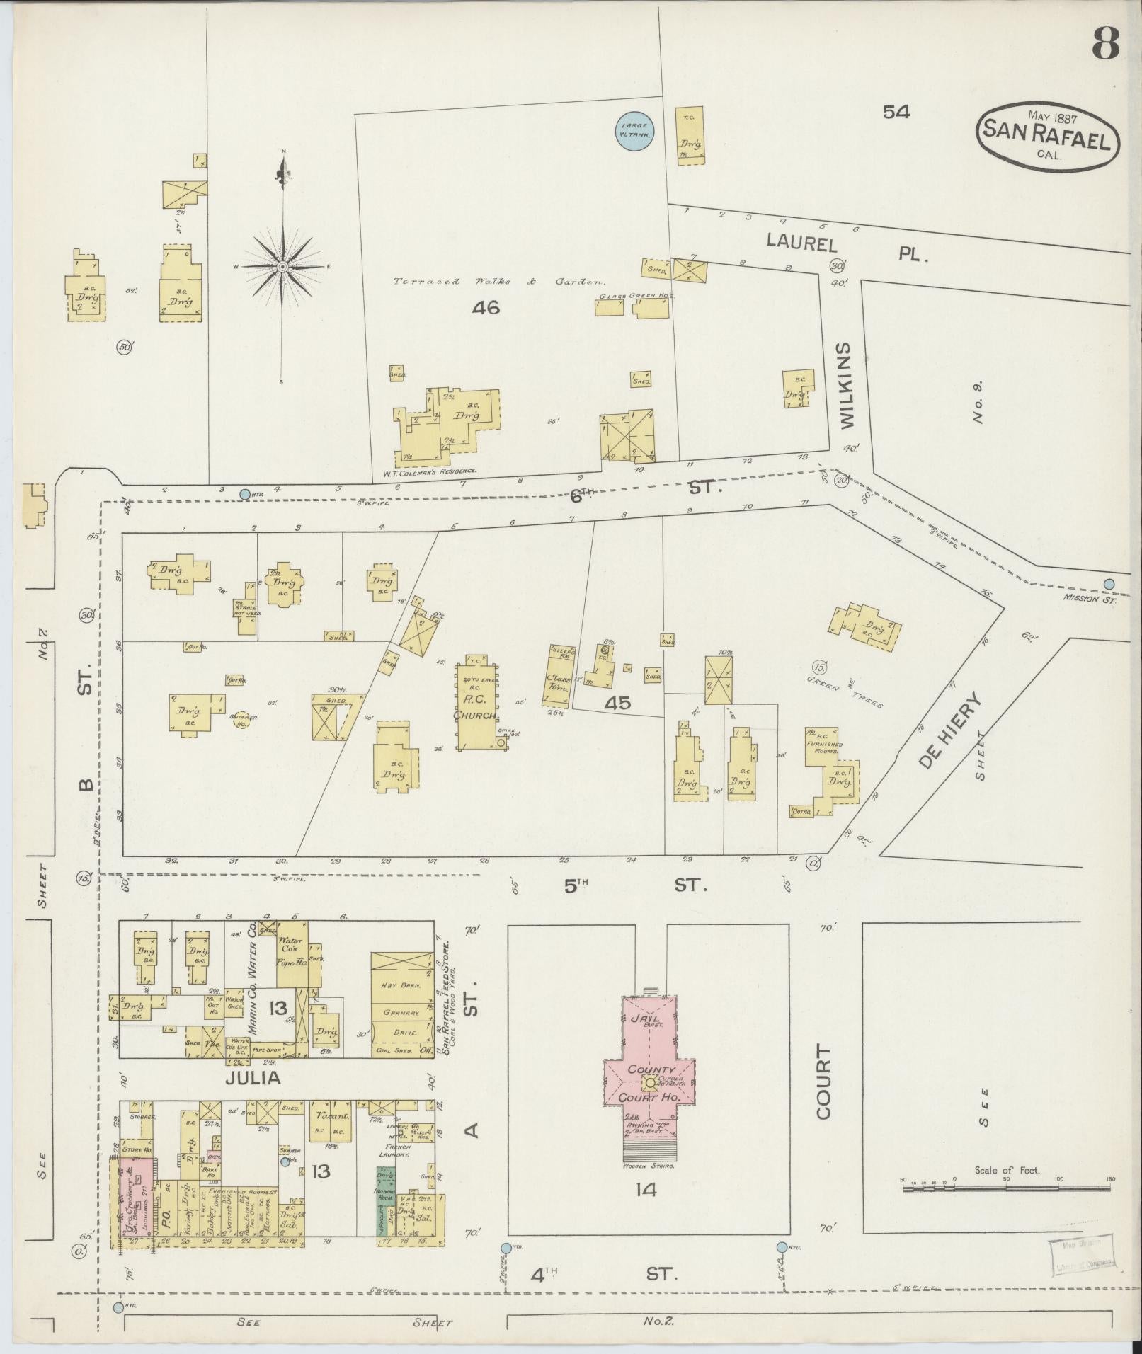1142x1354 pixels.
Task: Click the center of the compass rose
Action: click(x=282, y=267)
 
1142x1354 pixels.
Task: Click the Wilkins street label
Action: click(x=848, y=385)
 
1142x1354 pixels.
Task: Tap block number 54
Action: click(x=896, y=111)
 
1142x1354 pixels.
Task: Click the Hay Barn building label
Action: click(x=404, y=985)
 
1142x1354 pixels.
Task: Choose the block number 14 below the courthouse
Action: click(x=646, y=1189)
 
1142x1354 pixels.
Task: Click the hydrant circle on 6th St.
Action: click(x=245, y=493)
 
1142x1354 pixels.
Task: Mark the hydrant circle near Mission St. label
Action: click(x=1109, y=583)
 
